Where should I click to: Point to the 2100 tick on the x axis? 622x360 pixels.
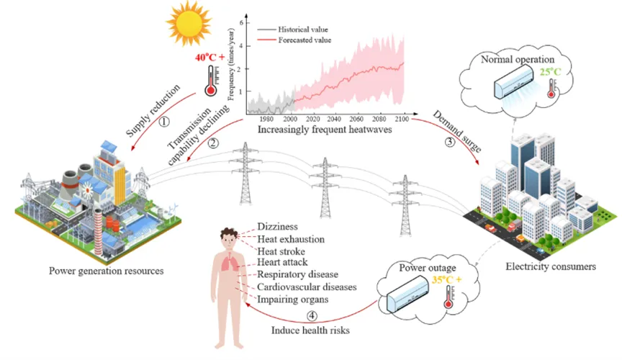pos(402,120)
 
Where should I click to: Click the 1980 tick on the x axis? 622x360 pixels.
pos(265,120)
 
